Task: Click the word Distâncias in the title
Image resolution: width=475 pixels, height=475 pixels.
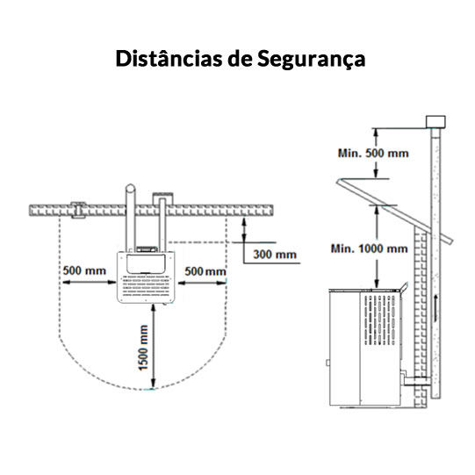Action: pos(169,58)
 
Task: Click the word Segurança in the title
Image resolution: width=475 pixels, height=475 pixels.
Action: pos(311,60)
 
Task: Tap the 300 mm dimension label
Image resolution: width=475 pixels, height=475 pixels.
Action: pos(275,254)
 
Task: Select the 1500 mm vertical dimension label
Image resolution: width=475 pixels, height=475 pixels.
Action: pos(143,347)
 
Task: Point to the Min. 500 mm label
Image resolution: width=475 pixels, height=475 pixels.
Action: pos(373,153)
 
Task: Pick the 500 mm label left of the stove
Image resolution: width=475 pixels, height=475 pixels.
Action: pos(84,270)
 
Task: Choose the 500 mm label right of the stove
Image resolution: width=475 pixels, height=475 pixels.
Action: pos(205,271)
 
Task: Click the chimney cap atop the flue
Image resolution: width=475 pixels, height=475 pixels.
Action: pos(435,122)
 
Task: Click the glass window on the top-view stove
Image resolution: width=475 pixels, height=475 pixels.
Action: pos(146,264)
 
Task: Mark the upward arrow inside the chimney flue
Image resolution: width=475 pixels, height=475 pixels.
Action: pos(435,307)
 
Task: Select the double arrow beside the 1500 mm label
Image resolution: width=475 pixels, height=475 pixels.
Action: pos(153,346)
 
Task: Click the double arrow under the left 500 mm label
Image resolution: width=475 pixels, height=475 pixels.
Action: pos(89,283)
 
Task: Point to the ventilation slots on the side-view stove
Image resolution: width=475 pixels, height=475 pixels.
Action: pos(380,320)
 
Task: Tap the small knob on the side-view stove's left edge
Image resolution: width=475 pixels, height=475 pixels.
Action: pos(327,363)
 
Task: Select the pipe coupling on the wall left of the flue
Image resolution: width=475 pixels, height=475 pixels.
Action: pos(78,210)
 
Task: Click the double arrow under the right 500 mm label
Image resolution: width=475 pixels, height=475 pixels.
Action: pos(202,283)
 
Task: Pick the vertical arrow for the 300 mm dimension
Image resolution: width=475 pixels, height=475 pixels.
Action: pos(245,230)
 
